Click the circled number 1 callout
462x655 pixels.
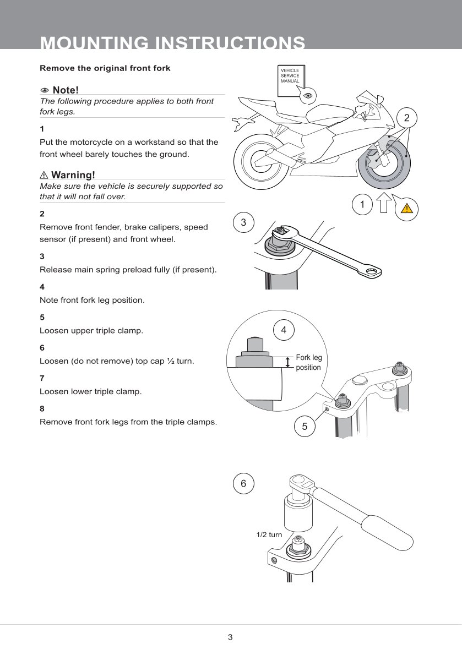[362, 204]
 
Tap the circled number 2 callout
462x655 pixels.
[406, 118]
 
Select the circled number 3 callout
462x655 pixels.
[243, 222]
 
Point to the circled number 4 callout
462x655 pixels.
[284, 330]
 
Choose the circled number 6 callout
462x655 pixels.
[243, 483]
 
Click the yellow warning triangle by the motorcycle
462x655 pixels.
[406, 208]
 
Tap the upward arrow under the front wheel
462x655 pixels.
[385, 203]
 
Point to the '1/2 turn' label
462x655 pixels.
[269, 534]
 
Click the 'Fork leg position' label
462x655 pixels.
[308, 362]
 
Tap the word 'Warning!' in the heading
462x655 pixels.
[73, 175]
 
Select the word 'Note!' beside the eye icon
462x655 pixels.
[66, 90]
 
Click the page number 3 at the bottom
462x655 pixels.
[230, 637]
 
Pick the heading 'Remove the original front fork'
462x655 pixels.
[105, 68]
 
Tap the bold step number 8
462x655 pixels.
[42, 408]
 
